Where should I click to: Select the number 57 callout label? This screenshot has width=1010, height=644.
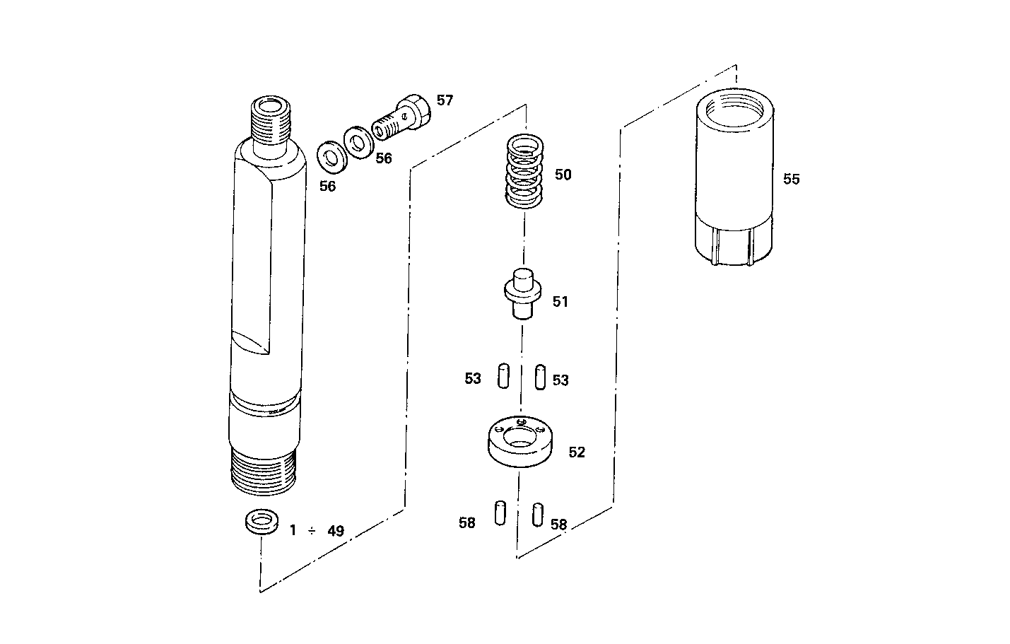tap(445, 100)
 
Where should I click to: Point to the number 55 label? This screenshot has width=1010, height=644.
tap(791, 180)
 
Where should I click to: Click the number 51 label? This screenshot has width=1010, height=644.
tap(560, 302)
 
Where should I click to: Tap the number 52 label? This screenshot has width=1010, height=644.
tap(577, 452)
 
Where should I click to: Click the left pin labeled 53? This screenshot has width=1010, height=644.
tap(503, 375)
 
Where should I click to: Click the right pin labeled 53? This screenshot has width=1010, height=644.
tap(540, 376)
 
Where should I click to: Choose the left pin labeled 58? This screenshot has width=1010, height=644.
tap(500, 513)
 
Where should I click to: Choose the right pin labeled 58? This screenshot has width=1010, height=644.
tap(537, 514)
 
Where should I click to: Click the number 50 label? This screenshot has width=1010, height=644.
tap(563, 175)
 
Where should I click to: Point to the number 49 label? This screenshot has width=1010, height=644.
tap(336, 531)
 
